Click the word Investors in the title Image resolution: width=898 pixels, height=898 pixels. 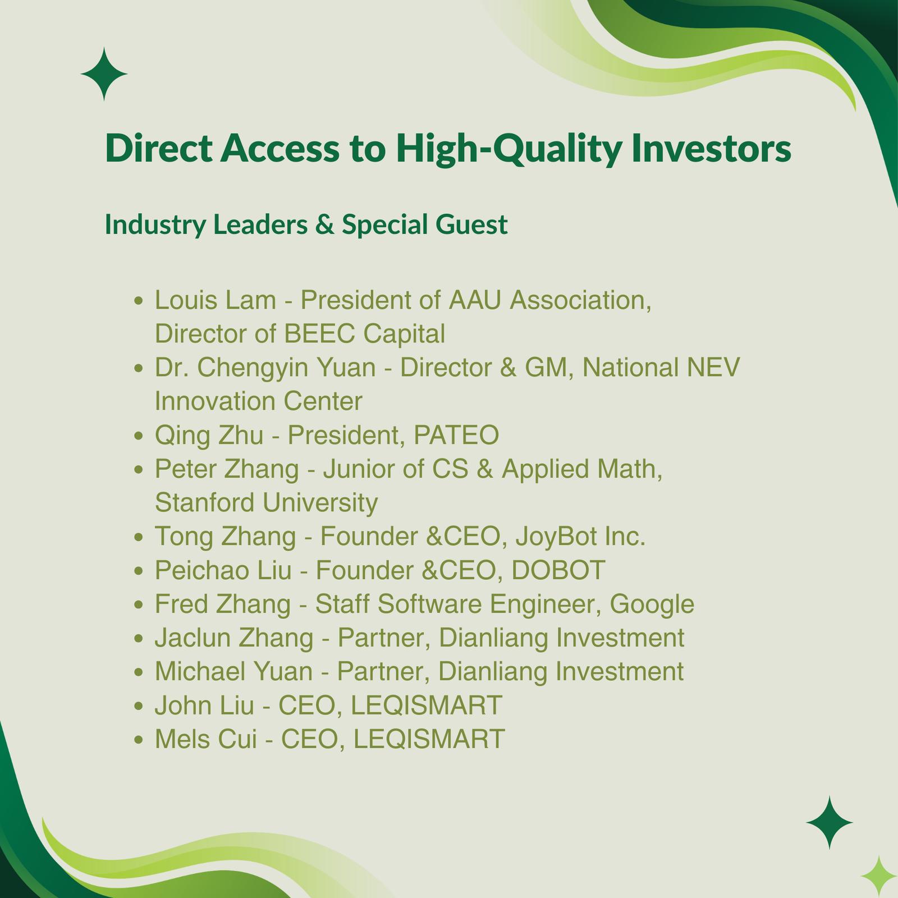711,148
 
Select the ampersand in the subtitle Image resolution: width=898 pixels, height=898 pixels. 325,224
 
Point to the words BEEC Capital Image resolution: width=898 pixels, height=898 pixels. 365,333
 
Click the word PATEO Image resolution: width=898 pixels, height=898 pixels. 456,435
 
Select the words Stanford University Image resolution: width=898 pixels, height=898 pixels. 266,502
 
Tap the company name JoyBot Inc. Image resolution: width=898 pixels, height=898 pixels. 580,536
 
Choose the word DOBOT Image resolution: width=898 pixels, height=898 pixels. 559,570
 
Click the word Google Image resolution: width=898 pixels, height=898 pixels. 652,604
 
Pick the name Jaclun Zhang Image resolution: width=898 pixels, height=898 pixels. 234,638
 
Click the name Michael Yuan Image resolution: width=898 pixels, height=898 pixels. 233,671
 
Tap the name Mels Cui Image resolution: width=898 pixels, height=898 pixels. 205,739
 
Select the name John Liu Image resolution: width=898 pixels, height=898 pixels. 204,705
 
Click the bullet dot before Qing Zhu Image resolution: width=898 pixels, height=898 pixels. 139,437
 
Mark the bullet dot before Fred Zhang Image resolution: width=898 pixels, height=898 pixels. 139,606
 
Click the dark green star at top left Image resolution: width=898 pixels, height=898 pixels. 104,74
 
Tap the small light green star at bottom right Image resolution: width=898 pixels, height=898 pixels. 879,877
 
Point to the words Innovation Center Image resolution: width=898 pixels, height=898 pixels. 258,401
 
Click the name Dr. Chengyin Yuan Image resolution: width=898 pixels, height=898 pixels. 265,368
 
